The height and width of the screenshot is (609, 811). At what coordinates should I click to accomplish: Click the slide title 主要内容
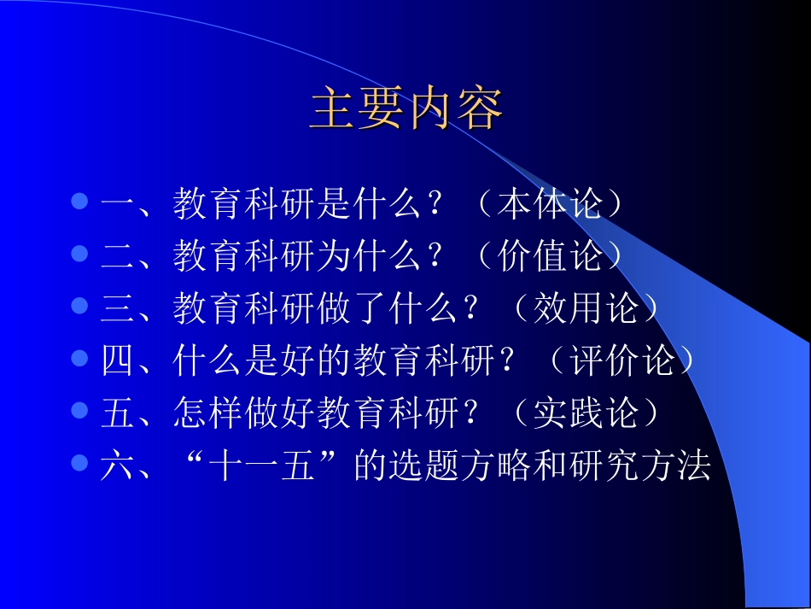pos(406,109)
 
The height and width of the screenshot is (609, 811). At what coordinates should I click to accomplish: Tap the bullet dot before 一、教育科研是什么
pos(79,203)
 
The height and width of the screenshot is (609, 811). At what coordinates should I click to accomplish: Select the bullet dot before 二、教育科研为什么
pos(79,255)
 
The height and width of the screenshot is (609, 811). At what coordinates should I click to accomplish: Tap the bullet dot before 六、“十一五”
pos(79,463)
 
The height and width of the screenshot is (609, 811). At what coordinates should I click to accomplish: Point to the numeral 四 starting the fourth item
pos(118,361)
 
